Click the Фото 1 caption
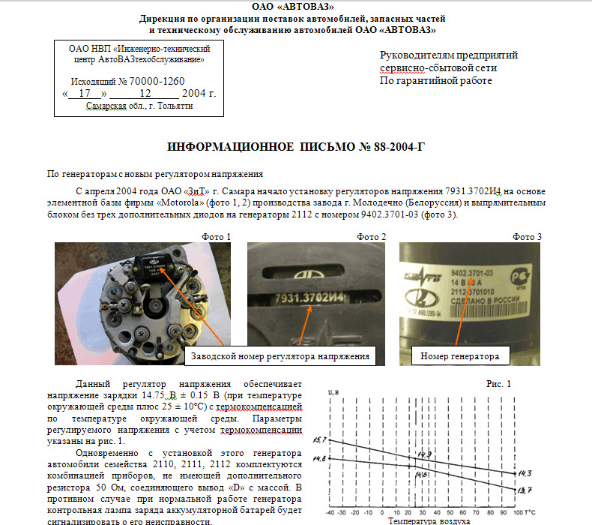216,237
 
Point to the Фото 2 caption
371,237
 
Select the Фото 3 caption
527,237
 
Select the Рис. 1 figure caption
498,384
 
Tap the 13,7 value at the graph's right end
524,490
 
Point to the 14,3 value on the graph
524,473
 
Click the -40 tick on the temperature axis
330,513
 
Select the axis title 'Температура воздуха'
429,520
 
